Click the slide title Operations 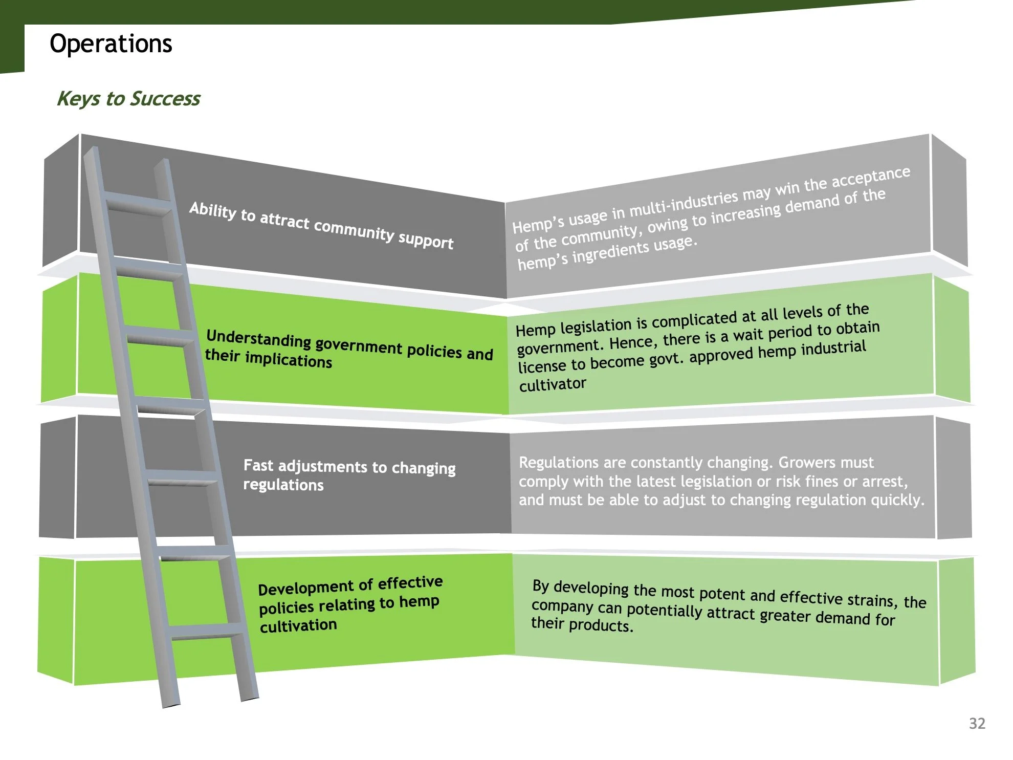click(x=111, y=44)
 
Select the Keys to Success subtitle click(x=128, y=98)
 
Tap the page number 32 click(x=977, y=723)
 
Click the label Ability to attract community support click(x=321, y=225)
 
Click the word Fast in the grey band click(x=258, y=465)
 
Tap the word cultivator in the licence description click(x=553, y=384)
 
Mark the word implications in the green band click(x=289, y=359)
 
